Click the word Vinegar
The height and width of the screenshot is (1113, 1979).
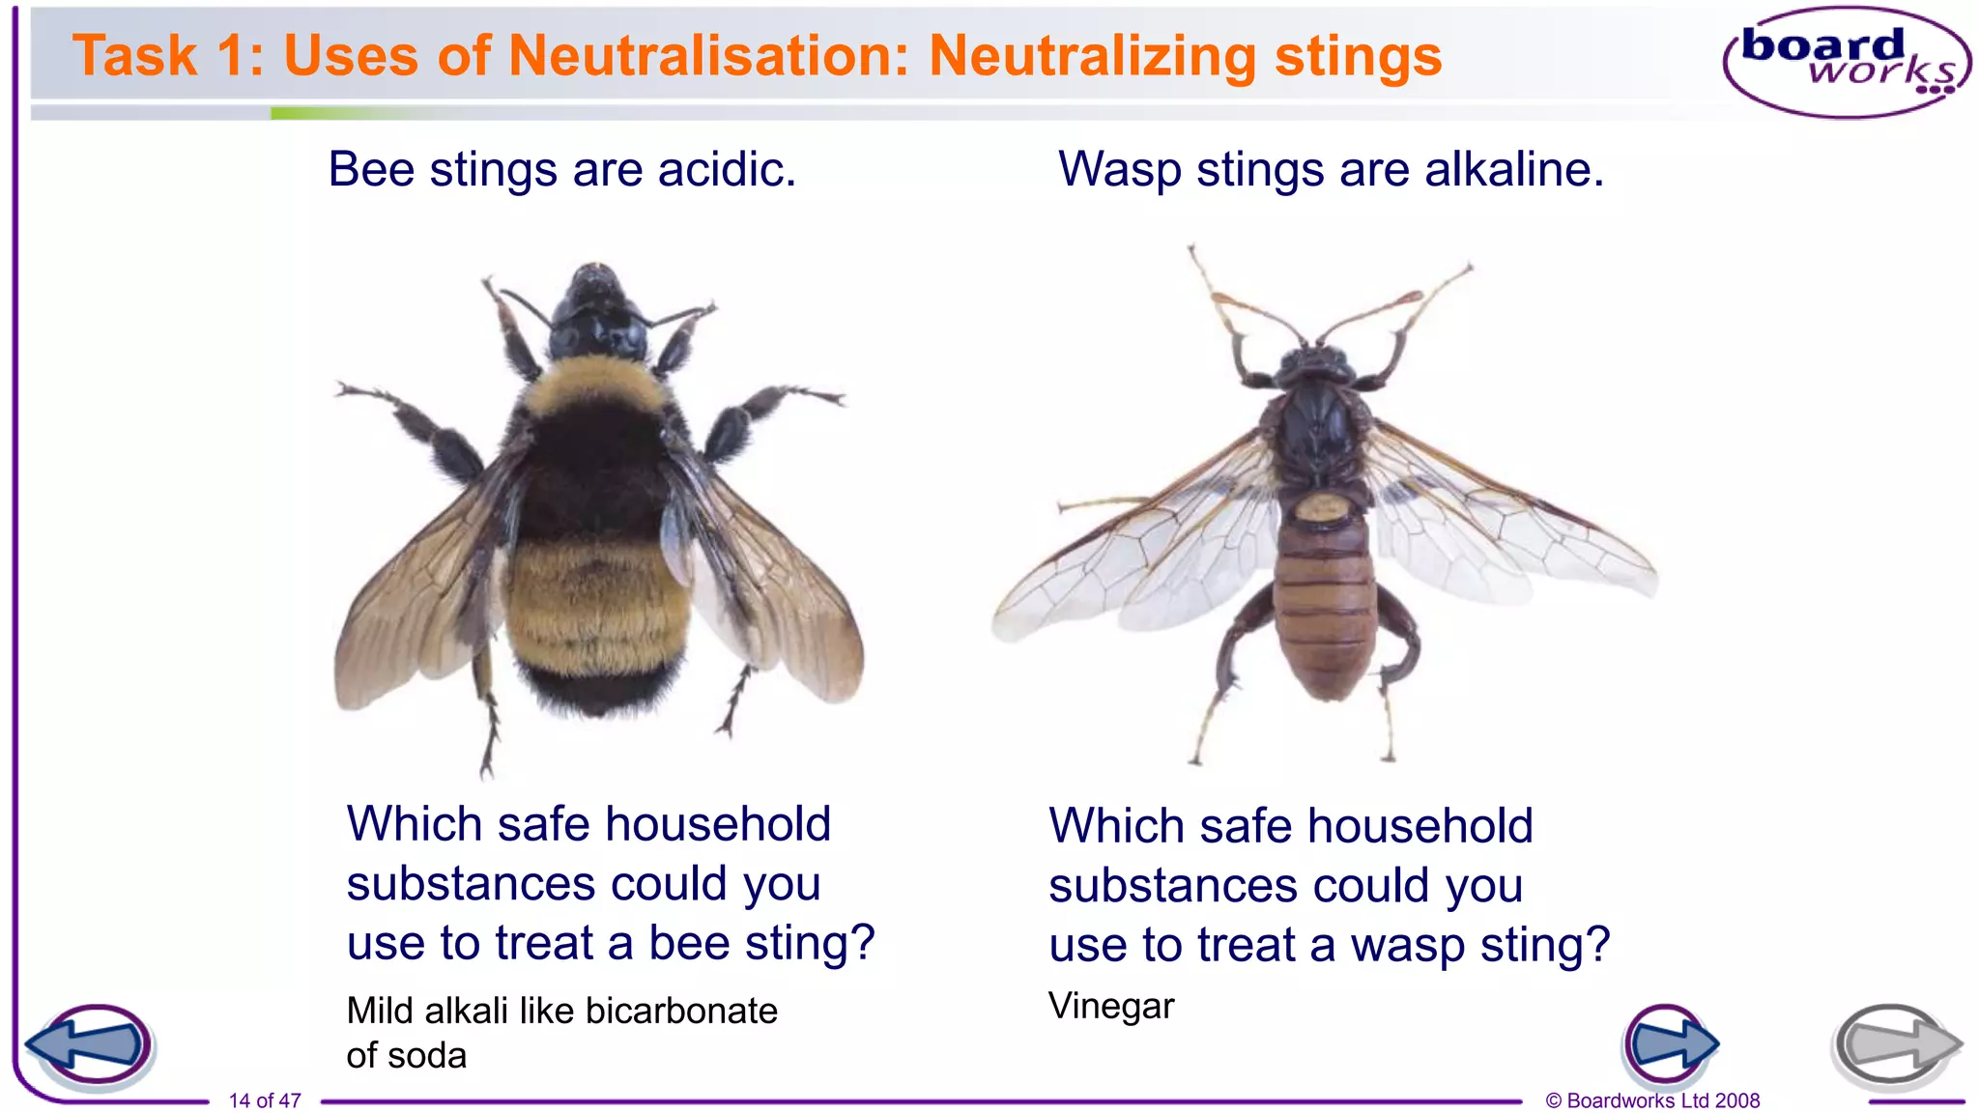coord(1111,1007)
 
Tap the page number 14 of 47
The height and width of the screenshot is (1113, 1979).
coord(265,1100)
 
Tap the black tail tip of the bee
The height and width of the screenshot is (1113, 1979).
coord(594,691)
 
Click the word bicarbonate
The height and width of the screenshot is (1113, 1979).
coord(681,1012)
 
